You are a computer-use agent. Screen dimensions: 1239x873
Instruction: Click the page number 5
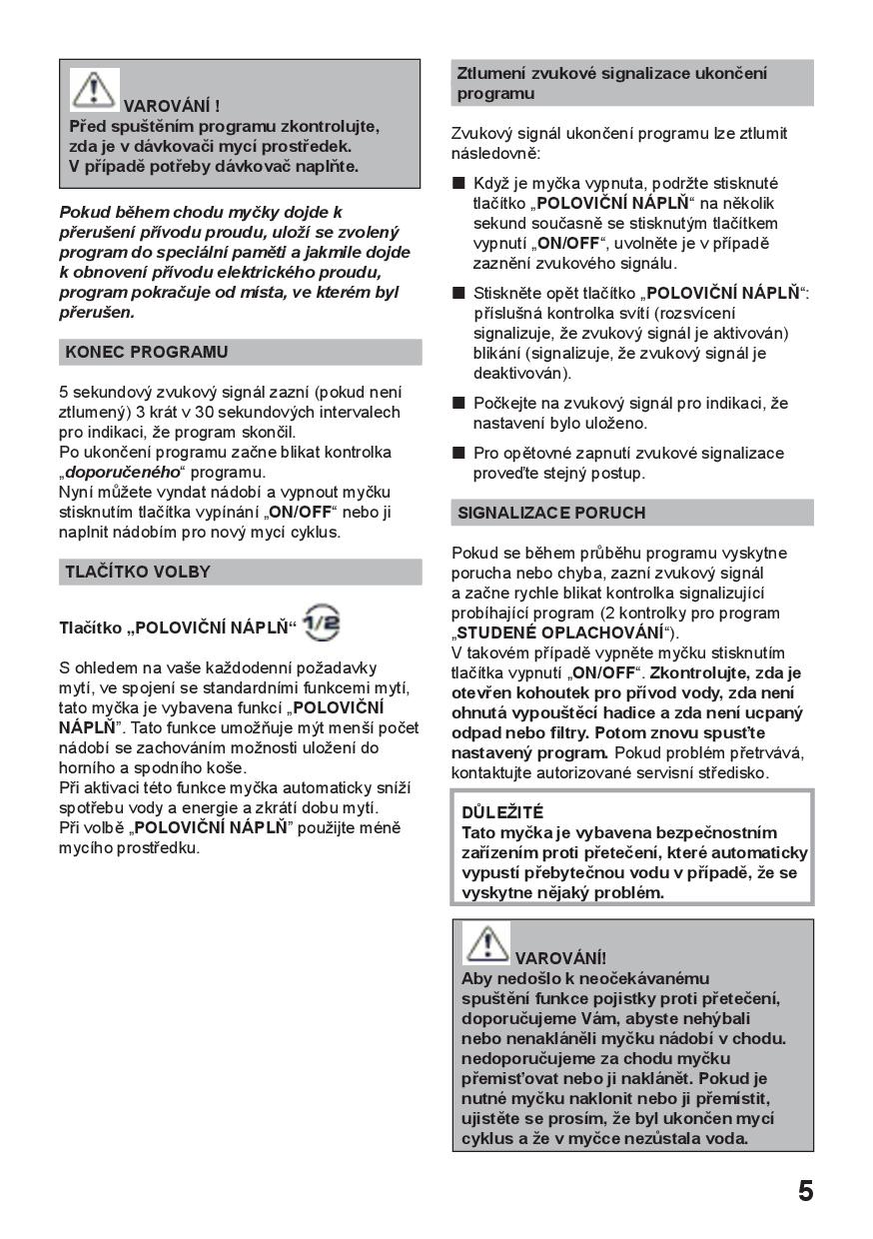click(805, 1191)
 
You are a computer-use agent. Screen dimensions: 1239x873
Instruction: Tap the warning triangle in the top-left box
click(94, 89)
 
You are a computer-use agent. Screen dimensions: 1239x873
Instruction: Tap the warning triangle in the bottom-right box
click(487, 943)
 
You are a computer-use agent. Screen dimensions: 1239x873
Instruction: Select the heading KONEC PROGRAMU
click(146, 352)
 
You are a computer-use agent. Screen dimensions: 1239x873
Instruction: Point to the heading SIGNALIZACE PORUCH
click(551, 513)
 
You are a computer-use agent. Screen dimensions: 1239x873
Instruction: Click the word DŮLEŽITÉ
click(502, 812)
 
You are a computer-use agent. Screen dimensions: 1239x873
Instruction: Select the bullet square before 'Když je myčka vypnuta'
click(458, 184)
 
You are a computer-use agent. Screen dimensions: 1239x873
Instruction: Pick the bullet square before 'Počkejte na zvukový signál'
click(458, 404)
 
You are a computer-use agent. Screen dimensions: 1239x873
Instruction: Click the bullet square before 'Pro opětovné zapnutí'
click(458, 454)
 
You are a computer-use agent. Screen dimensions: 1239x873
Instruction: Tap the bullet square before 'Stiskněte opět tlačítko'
click(458, 294)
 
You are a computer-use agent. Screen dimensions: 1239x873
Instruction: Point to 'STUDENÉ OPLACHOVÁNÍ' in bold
click(559, 632)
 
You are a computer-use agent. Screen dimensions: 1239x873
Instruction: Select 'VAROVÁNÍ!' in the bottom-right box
click(560, 958)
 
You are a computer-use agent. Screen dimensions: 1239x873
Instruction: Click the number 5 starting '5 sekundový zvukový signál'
click(64, 392)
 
